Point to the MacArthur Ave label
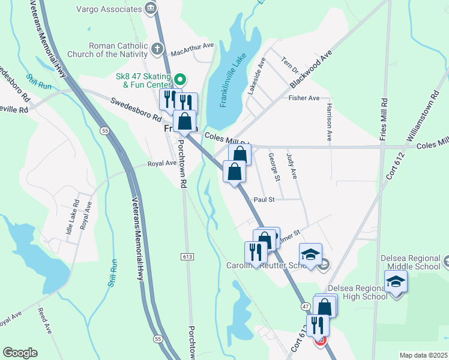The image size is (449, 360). click(192, 45)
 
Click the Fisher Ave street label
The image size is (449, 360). click(304, 98)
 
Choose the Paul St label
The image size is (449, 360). click(264, 200)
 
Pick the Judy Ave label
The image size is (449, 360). click(293, 165)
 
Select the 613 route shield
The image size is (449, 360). click(187, 257)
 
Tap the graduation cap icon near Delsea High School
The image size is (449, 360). click(396, 281)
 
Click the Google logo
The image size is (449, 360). click(20, 353)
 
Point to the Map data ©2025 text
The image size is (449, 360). click(423, 355)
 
